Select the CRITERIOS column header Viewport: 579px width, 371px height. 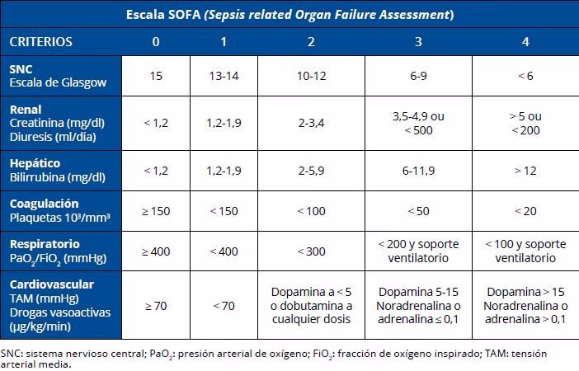[41, 41]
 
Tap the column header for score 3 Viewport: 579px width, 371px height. [418, 41]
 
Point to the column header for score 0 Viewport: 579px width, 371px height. [156, 41]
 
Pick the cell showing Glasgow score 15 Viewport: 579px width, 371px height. [156, 76]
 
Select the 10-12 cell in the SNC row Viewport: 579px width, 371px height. [311, 76]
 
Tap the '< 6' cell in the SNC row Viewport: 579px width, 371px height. [525, 76]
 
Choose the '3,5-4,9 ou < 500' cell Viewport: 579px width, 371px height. [418, 123]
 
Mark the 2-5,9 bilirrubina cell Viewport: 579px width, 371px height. [311, 171]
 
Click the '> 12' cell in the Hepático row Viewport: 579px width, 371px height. [525, 171]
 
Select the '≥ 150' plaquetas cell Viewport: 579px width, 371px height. [156, 211]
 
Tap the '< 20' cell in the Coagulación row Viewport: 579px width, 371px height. [525, 211]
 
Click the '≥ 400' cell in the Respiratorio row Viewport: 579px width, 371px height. [156, 251]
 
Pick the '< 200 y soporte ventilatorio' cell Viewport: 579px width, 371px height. [418, 251]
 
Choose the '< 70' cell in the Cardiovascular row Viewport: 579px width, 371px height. [224, 306]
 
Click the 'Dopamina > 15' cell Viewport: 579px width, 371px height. [525, 306]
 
